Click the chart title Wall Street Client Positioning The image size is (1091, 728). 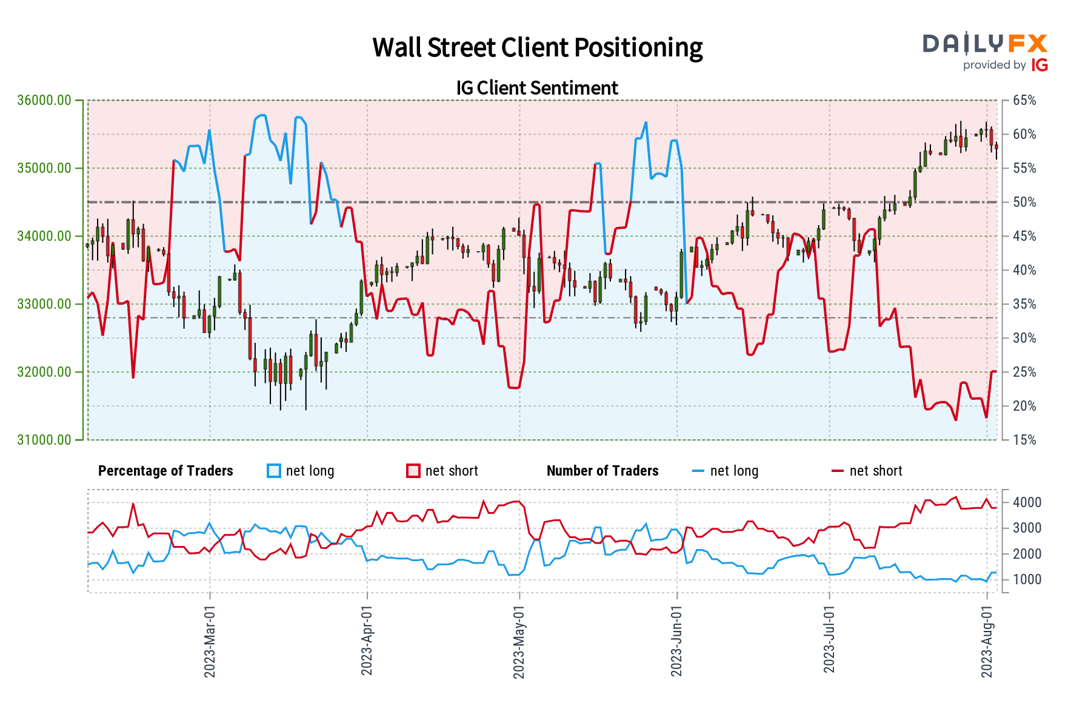tap(537, 47)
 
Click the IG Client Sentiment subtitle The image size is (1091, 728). tap(537, 88)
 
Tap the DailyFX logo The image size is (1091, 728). tap(985, 44)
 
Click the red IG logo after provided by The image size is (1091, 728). tap(1039, 65)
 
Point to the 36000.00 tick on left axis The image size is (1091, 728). tap(44, 100)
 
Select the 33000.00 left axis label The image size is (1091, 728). tap(44, 304)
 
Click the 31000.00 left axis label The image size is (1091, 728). tap(44, 440)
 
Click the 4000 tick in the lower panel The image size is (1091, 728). tap(1027, 502)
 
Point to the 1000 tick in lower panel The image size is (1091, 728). tap(1027, 579)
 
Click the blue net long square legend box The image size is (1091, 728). tap(274, 471)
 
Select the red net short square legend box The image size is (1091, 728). tap(413, 471)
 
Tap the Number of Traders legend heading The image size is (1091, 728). tap(602, 471)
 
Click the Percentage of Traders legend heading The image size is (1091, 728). tap(165, 471)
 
